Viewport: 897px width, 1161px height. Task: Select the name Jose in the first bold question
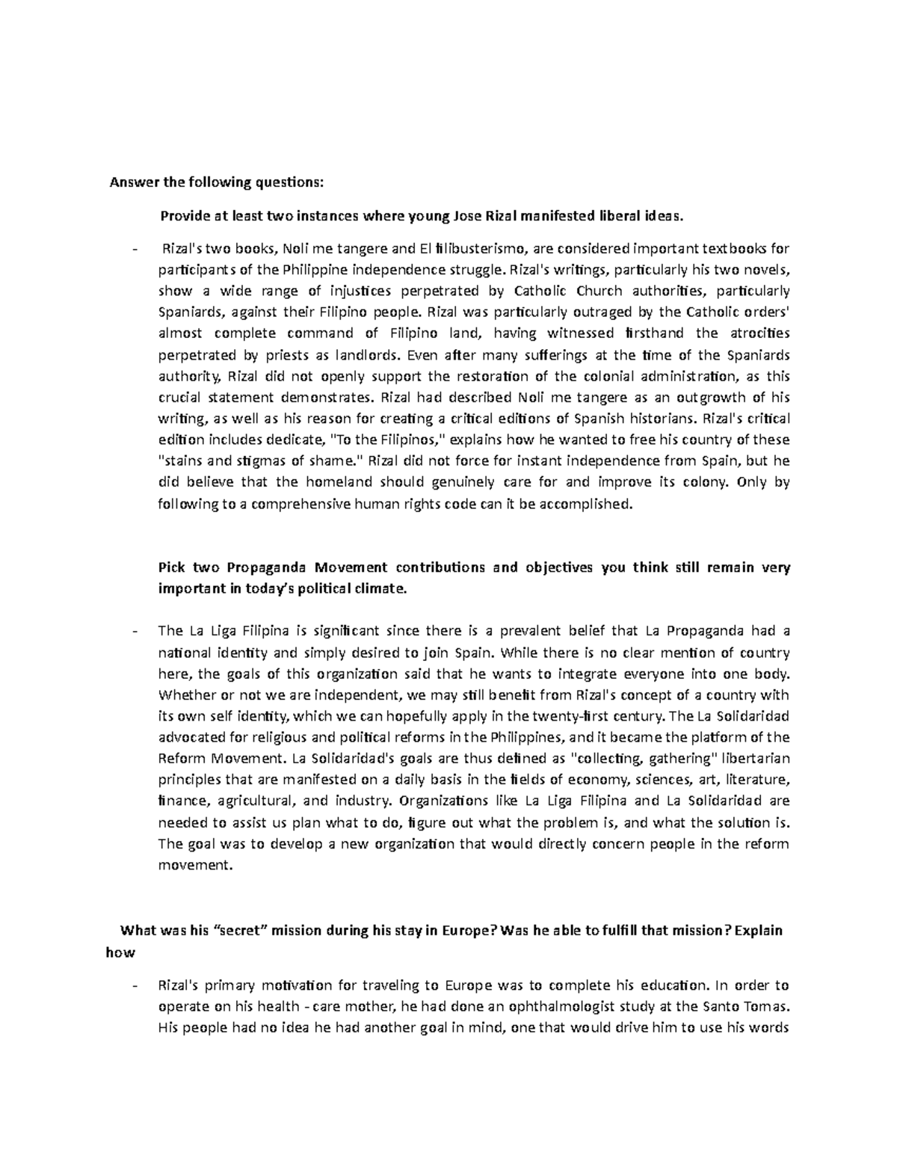tap(468, 216)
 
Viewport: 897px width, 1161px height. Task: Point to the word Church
tap(595, 290)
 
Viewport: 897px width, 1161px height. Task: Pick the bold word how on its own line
tap(122, 952)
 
